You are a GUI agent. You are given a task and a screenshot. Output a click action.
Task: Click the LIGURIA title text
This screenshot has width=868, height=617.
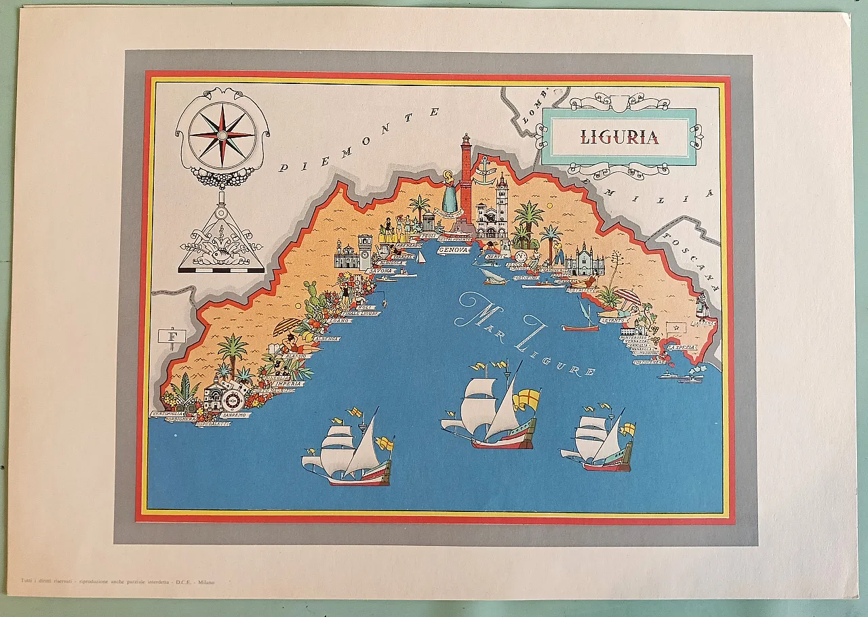(619, 137)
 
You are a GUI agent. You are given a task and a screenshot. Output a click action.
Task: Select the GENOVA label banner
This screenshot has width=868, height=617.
(453, 250)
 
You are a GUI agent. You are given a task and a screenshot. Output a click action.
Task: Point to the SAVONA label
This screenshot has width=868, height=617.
(380, 271)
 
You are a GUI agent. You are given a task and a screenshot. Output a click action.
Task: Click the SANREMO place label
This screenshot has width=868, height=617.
(234, 414)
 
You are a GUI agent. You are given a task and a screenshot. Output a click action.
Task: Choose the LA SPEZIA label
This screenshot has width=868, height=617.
(681, 347)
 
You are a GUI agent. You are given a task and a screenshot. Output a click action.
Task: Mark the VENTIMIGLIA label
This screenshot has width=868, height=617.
(168, 413)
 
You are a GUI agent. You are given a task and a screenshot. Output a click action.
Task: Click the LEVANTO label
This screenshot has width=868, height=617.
(612, 321)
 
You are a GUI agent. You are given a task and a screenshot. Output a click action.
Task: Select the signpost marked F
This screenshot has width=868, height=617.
(172, 337)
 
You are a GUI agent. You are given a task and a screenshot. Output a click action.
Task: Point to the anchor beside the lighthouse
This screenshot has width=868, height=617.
(484, 167)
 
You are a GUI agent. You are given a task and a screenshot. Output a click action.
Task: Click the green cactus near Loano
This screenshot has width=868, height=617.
(313, 302)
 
